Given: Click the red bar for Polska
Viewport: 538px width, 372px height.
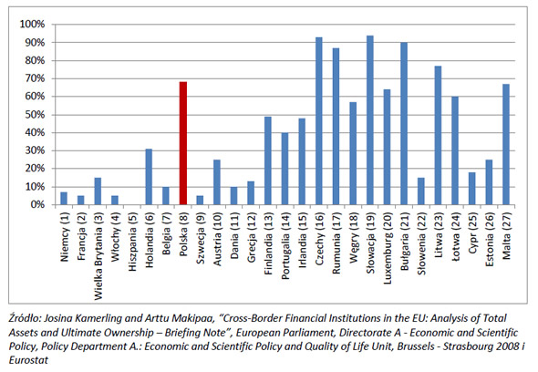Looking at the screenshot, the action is pos(183,143).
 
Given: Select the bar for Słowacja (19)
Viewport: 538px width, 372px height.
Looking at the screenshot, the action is pos(370,120).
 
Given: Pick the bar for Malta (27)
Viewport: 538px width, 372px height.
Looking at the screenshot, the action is pos(506,144).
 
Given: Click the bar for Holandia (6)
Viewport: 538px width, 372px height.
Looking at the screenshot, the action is pos(149,177).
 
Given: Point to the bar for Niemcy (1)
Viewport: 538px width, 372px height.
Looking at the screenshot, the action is pos(64,199).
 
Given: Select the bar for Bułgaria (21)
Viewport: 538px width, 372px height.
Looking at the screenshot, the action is pos(404,123).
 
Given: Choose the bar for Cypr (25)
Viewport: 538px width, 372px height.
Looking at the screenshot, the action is pos(472,189).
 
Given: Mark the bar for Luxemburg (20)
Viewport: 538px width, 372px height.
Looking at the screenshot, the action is pos(387,147).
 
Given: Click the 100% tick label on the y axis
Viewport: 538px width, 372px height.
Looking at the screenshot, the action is pos(33,25).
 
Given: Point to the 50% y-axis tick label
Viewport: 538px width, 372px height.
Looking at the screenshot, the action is pos(35,115).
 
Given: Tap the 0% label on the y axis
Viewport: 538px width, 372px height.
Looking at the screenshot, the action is pos(37,205).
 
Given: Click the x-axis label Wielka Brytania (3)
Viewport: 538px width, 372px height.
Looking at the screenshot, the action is pos(98,256).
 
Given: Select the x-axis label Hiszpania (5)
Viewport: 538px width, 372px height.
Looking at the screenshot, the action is pos(132,242).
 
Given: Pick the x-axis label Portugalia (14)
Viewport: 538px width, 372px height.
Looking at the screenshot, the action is pos(285,245).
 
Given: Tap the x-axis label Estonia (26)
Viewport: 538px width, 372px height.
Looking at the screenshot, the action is pos(490,239).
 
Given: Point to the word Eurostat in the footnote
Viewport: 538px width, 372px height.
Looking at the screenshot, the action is pos(28,360).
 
